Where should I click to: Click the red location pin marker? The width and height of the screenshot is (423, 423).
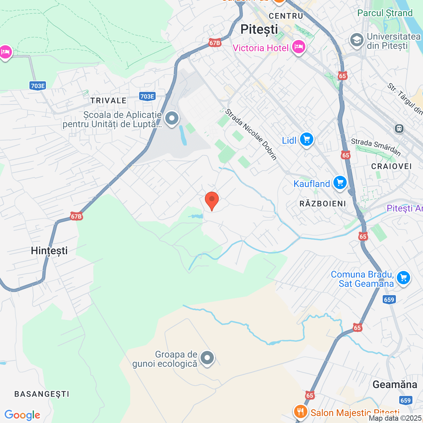point(212,201)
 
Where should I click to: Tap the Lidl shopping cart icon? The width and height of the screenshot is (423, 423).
point(306,139)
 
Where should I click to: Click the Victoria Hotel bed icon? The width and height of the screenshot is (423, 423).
point(298,47)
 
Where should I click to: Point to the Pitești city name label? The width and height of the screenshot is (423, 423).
point(259,29)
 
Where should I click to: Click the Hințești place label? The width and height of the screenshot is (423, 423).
point(49,251)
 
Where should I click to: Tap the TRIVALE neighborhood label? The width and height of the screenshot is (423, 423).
point(108,101)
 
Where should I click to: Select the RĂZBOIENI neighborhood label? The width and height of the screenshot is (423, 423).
point(323,204)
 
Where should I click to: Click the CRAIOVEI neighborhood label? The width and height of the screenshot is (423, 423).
point(392,166)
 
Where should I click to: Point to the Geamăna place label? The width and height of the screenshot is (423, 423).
point(395,385)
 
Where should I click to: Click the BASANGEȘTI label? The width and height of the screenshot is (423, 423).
point(42,394)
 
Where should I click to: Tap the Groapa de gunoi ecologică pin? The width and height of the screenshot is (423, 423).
point(208,358)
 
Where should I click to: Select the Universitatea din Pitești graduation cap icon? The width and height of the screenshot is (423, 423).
point(357,40)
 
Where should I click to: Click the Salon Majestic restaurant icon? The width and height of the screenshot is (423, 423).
point(300,412)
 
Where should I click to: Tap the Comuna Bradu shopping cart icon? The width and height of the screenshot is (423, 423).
point(404,278)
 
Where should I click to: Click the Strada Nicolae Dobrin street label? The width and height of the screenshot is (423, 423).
point(251,135)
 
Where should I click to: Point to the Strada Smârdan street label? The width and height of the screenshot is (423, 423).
point(376,147)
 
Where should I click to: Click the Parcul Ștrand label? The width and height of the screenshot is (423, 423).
point(385,13)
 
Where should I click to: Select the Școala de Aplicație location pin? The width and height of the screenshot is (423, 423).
point(172,118)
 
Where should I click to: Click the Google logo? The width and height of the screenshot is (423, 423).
point(22,415)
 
